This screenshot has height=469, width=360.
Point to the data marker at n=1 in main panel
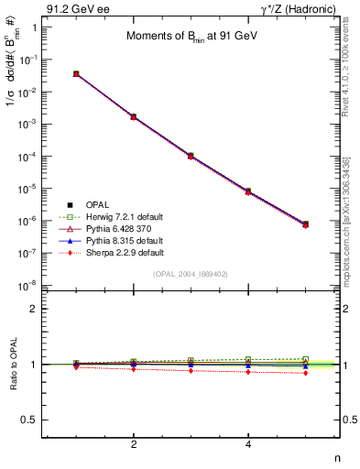coord(76,73)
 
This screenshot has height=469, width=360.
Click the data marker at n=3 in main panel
coord(191,156)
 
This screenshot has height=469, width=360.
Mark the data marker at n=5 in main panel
coord(305,224)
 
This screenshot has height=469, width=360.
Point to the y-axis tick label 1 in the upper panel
coord(34,27)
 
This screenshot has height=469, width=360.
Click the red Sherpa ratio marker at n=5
coord(305,373)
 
